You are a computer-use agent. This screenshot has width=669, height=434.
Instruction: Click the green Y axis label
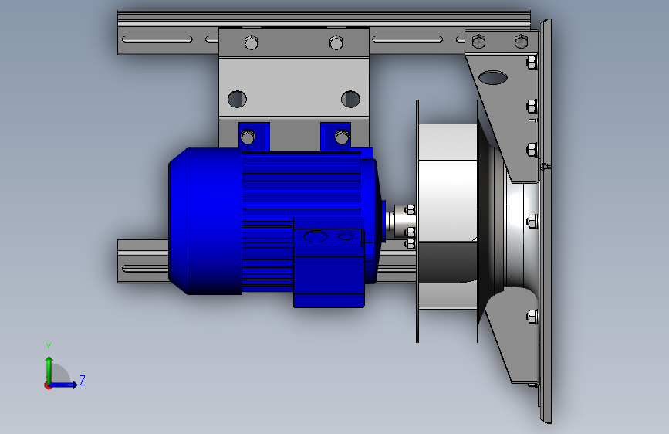coord(49,348)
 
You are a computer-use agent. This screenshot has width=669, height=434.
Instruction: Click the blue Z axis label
coord(83,380)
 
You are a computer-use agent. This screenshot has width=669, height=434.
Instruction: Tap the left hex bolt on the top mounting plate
coord(252,42)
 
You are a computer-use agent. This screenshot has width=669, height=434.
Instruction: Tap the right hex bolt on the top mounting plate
coord(336,42)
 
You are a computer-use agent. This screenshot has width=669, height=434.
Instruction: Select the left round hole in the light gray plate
coord(237,99)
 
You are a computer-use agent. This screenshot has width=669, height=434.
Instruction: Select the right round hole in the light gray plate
coord(351,99)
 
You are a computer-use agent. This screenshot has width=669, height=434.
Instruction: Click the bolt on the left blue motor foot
coord(248,137)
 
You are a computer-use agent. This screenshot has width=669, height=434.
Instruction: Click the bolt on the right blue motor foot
coord(342,137)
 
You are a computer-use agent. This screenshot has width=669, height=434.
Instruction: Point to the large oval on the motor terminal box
coord(316,236)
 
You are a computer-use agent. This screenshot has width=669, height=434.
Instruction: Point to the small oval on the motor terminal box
coord(346,236)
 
